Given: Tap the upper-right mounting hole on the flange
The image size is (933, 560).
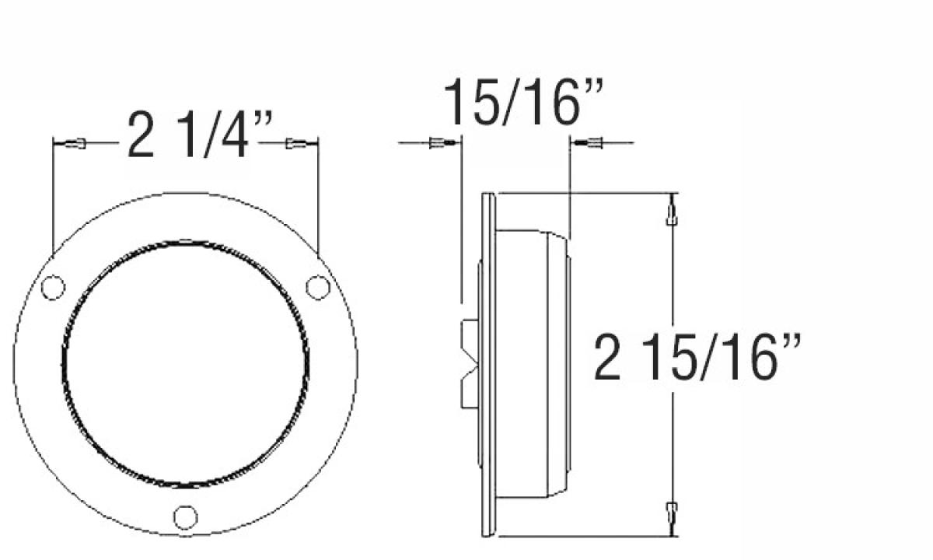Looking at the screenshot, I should click(x=316, y=287).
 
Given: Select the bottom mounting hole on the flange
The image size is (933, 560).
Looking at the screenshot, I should click(x=185, y=516).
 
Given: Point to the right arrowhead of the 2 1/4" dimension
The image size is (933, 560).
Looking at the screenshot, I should click(x=295, y=144).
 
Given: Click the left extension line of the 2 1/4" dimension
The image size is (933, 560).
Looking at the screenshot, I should click(x=52, y=194).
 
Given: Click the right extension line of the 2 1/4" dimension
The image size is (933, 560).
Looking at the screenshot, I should click(x=320, y=194).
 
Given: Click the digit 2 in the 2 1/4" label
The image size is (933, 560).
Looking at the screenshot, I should click(x=140, y=136).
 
